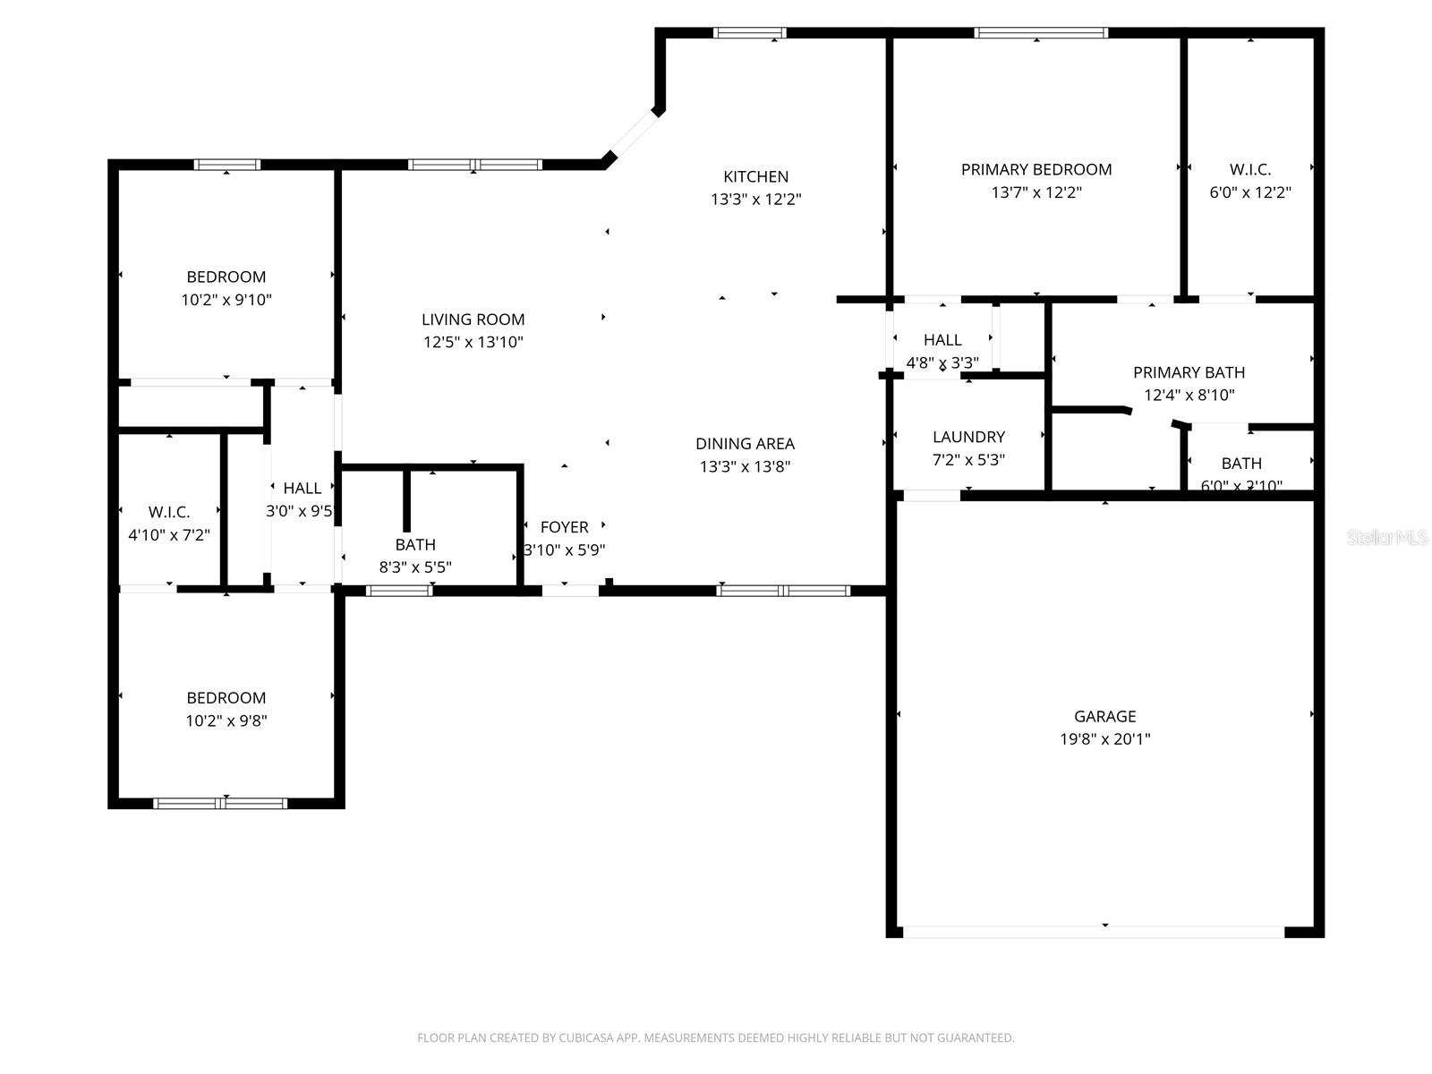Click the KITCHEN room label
[x=755, y=176]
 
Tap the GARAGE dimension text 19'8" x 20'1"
[x=1104, y=739]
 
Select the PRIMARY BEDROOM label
[x=1036, y=169]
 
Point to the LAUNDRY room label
[x=968, y=437]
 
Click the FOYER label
[x=564, y=527]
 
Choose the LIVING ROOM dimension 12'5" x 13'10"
[x=473, y=342]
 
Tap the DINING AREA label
[x=745, y=443]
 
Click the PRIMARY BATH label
[x=1189, y=372]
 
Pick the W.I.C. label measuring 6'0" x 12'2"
[x=1249, y=169]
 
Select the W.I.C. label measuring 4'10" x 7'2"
[x=169, y=512]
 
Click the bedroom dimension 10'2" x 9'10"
[x=226, y=300]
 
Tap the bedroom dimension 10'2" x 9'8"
[x=226, y=720]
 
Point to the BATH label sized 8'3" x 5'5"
[x=415, y=544]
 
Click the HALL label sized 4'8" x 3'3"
[x=942, y=340]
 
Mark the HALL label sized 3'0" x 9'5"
[x=302, y=488]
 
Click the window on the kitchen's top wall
[x=750, y=33]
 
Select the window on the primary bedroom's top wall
[x=1040, y=33]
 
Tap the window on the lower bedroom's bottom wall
[x=220, y=803]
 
